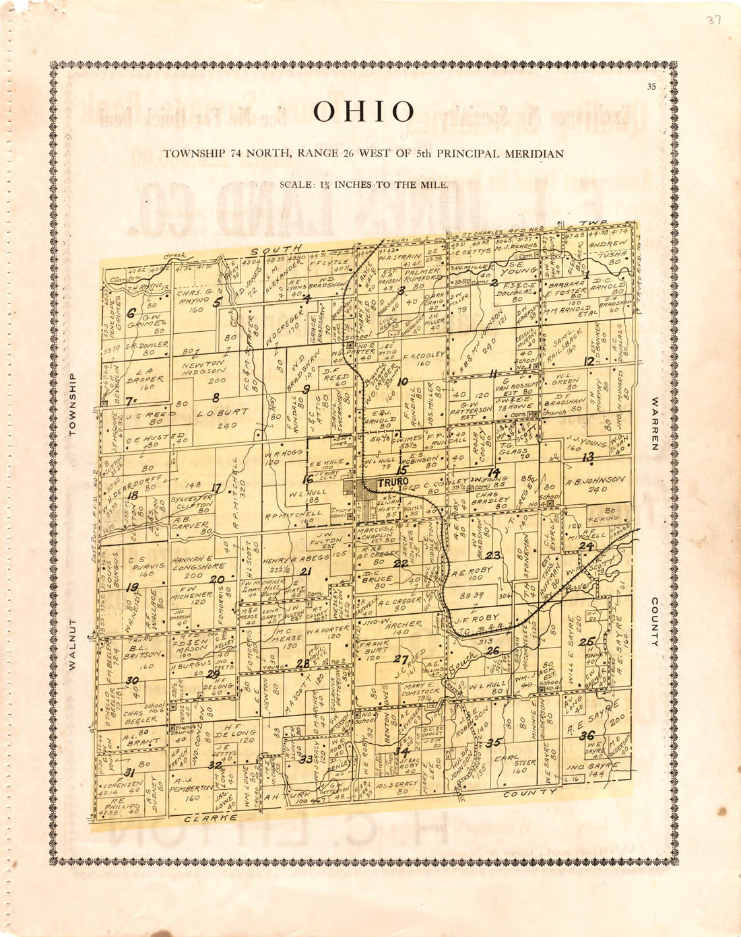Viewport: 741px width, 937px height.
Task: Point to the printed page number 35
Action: pos(651,86)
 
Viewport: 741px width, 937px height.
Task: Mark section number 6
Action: pos(131,312)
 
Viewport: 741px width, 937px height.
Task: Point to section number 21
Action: pos(306,571)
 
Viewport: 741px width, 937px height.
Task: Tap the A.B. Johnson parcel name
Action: pos(595,481)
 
